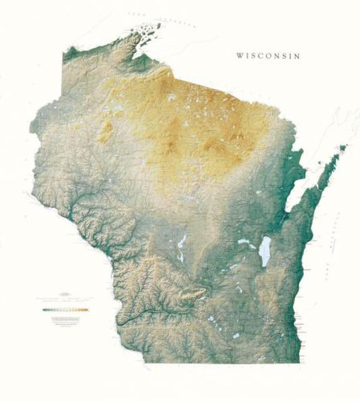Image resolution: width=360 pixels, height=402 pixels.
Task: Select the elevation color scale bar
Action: (65, 309)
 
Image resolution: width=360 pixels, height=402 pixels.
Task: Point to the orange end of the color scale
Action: (86, 309)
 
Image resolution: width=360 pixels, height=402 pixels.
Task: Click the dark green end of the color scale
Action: (43, 309)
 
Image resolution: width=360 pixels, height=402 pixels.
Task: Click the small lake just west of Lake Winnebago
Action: (244, 241)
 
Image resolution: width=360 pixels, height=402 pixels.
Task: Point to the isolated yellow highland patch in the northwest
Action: (105, 132)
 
